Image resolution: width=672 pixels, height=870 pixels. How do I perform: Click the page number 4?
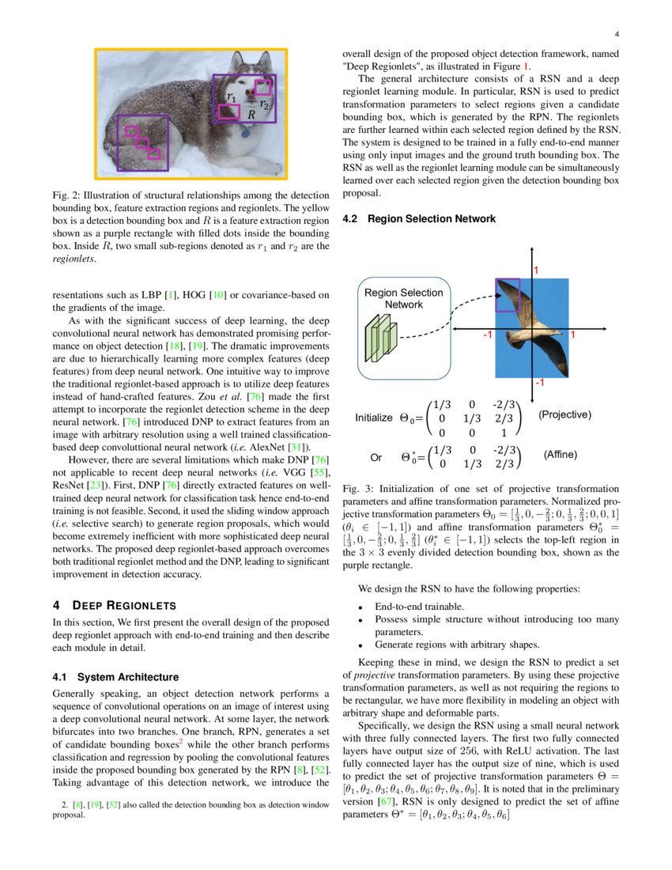(617, 34)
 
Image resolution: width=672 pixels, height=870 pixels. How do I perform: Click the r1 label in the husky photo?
(232, 97)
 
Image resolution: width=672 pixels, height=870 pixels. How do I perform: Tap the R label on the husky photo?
(251, 115)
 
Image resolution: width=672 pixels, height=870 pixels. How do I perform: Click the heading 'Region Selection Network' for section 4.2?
(432, 218)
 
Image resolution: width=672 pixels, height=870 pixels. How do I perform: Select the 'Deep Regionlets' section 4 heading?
(124, 605)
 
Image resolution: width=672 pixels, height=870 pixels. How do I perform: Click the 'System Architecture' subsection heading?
(128, 677)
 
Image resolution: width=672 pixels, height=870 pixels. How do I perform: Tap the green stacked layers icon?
(381, 338)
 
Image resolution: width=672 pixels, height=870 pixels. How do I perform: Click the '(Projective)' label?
(564, 414)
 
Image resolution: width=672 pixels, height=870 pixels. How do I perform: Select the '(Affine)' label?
(560, 455)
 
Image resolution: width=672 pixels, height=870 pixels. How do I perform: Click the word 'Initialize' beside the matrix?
(374, 418)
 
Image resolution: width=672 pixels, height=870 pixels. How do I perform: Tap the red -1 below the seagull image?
(539, 382)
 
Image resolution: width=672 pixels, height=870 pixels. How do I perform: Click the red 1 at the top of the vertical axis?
(536, 270)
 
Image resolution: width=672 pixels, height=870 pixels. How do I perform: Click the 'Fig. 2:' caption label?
(66, 195)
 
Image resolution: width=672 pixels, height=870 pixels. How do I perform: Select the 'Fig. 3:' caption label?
(358, 489)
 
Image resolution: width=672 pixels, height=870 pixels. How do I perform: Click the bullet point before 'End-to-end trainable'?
(361, 607)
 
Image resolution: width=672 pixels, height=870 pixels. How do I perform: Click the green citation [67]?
(386, 801)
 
